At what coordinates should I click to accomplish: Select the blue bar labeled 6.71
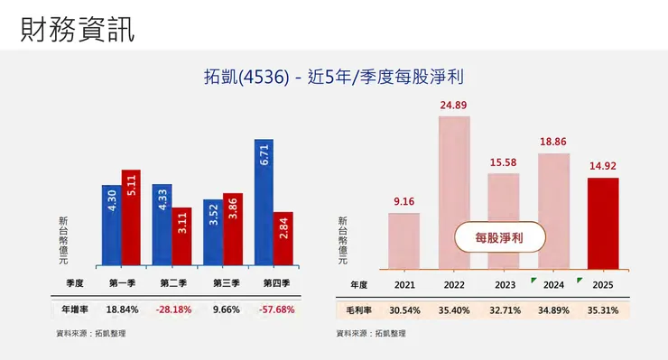pyautogui.click(x=263, y=203)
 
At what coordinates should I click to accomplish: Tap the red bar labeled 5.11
pyautogui.click(x=131, y=218)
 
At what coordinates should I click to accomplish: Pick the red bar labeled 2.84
pyautogui.click(x=283, y=240)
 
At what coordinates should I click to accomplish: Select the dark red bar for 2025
pyautogui.click(x=602, y=223)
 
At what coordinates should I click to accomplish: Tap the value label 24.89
pyautogui.click(x=454, y=106)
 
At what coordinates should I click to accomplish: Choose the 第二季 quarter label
pyautogui.click(x=174, y=283)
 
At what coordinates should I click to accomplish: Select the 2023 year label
pyautogui.click(x=505, y=284)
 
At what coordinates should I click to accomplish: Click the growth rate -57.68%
pyautogui.click(x=276, y=309)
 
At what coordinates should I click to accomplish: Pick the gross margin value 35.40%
pyautogui.click(x=454, y=309)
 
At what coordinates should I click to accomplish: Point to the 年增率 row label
pyautogui.click(x=75, y=309)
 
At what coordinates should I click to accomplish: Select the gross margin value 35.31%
pyautogui.click(x=603, y=309)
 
